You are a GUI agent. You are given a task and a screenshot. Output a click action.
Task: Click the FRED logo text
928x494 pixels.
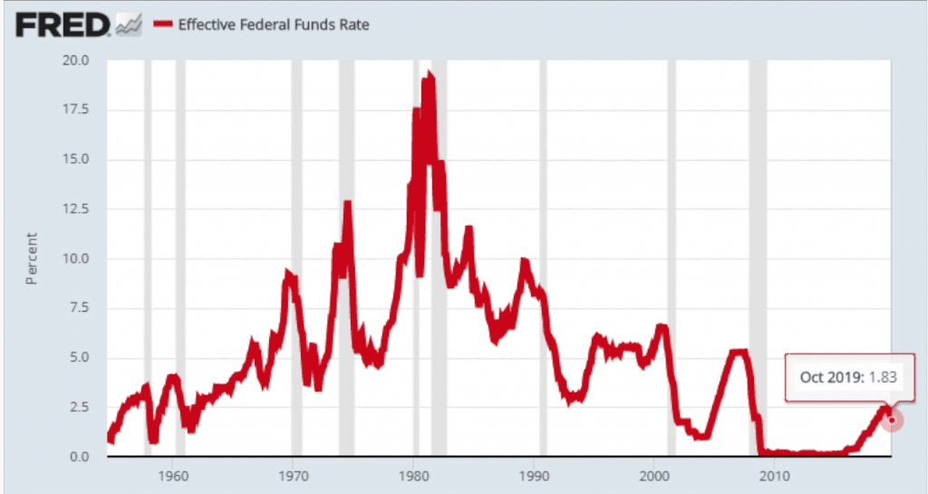click(x=63, y=24)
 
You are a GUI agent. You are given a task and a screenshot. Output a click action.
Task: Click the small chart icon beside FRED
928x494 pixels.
click(x=129, y=25)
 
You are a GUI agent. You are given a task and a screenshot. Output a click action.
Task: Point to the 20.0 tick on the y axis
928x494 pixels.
click(x=76, y=61)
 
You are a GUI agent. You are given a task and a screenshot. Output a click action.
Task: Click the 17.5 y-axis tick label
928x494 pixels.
click(x=76, y=111)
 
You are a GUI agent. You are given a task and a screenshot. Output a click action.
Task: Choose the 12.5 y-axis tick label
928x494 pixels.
click(x=76, y=209)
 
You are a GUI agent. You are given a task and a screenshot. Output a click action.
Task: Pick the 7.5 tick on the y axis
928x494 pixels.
click(x=80, y=308)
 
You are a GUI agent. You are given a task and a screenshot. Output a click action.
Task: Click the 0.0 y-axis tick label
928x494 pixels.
click(x=80, y=457)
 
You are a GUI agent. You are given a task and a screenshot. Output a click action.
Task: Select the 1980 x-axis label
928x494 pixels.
click(x=413, y=475)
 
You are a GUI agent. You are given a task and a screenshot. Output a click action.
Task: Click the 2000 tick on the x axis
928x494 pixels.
click(x=653, y=475)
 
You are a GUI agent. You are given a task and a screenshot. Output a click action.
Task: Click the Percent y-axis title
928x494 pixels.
click(x=31, y=258)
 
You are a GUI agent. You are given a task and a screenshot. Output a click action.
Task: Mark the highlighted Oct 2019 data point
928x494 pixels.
click(x=892, y=420)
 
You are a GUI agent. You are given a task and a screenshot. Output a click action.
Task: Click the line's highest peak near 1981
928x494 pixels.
click(x=430, y=76)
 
